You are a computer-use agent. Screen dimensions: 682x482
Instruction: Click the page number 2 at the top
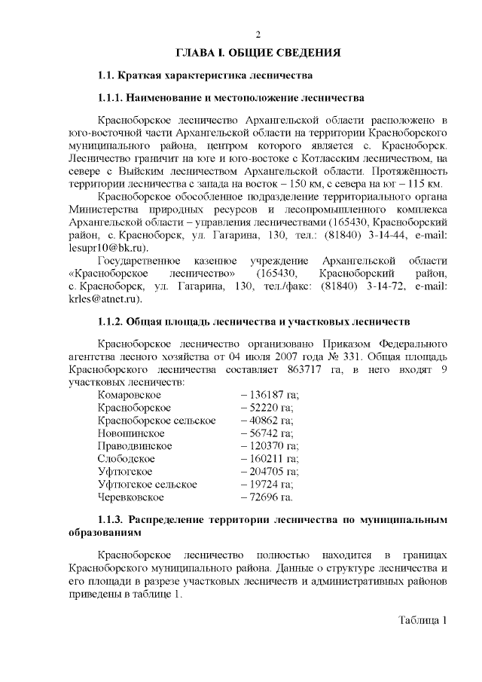click(x=258, y=35)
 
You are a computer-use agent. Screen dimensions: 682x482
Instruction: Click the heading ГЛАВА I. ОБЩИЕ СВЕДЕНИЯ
click(x=258, y=54)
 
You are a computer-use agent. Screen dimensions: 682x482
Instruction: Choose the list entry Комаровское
click(x=129, y=394)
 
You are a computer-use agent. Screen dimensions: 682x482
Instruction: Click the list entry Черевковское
click(x=131, y=497)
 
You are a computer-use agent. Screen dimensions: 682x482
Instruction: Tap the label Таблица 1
click(x=423, y=621)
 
